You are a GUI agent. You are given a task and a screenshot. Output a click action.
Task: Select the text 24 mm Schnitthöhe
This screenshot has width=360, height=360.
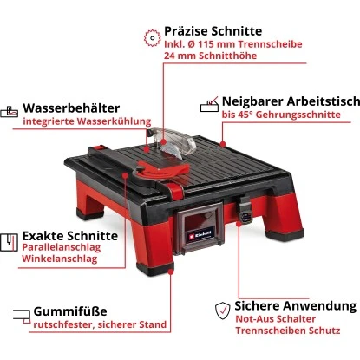pyautogui.click(x=210, y=58)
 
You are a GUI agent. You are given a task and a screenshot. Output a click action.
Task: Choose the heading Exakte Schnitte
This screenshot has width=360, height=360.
pyautogui.click(x=69, y=235)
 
